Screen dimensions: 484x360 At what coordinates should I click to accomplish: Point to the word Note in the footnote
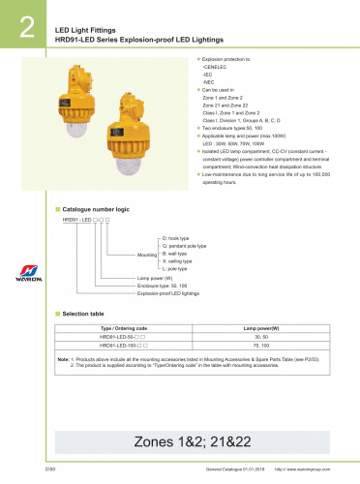click(63, 358)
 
